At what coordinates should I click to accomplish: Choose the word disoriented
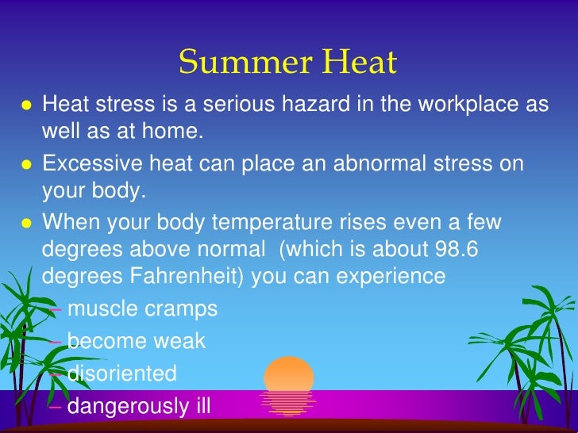pos(122,373)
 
